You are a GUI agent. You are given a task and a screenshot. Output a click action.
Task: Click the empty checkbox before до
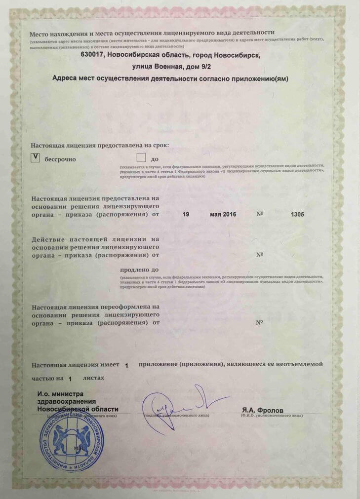coord(141,158)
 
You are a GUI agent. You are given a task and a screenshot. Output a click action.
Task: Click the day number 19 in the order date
coord(186,215)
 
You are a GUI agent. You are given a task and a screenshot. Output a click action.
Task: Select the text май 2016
coord(223,215)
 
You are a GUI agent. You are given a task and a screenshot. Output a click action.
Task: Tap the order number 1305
coord(297,215)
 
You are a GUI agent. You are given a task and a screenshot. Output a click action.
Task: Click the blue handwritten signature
coord(178,408)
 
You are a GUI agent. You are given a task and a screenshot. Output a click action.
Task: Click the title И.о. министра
coord(60,393)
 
